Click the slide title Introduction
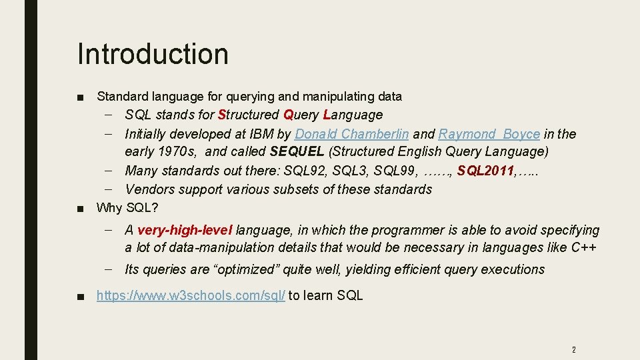(x=153, y=54)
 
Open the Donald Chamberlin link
(x=351, y=134)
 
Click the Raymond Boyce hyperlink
(x=489, y=134)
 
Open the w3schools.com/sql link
(x=191, y=295)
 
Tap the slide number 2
(x=573, y=349)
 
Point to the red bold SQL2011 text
(x=485, y=171)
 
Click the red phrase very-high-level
(x=185, y=231)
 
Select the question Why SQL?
(x=127, y=207)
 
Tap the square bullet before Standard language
(x=80, y=97)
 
